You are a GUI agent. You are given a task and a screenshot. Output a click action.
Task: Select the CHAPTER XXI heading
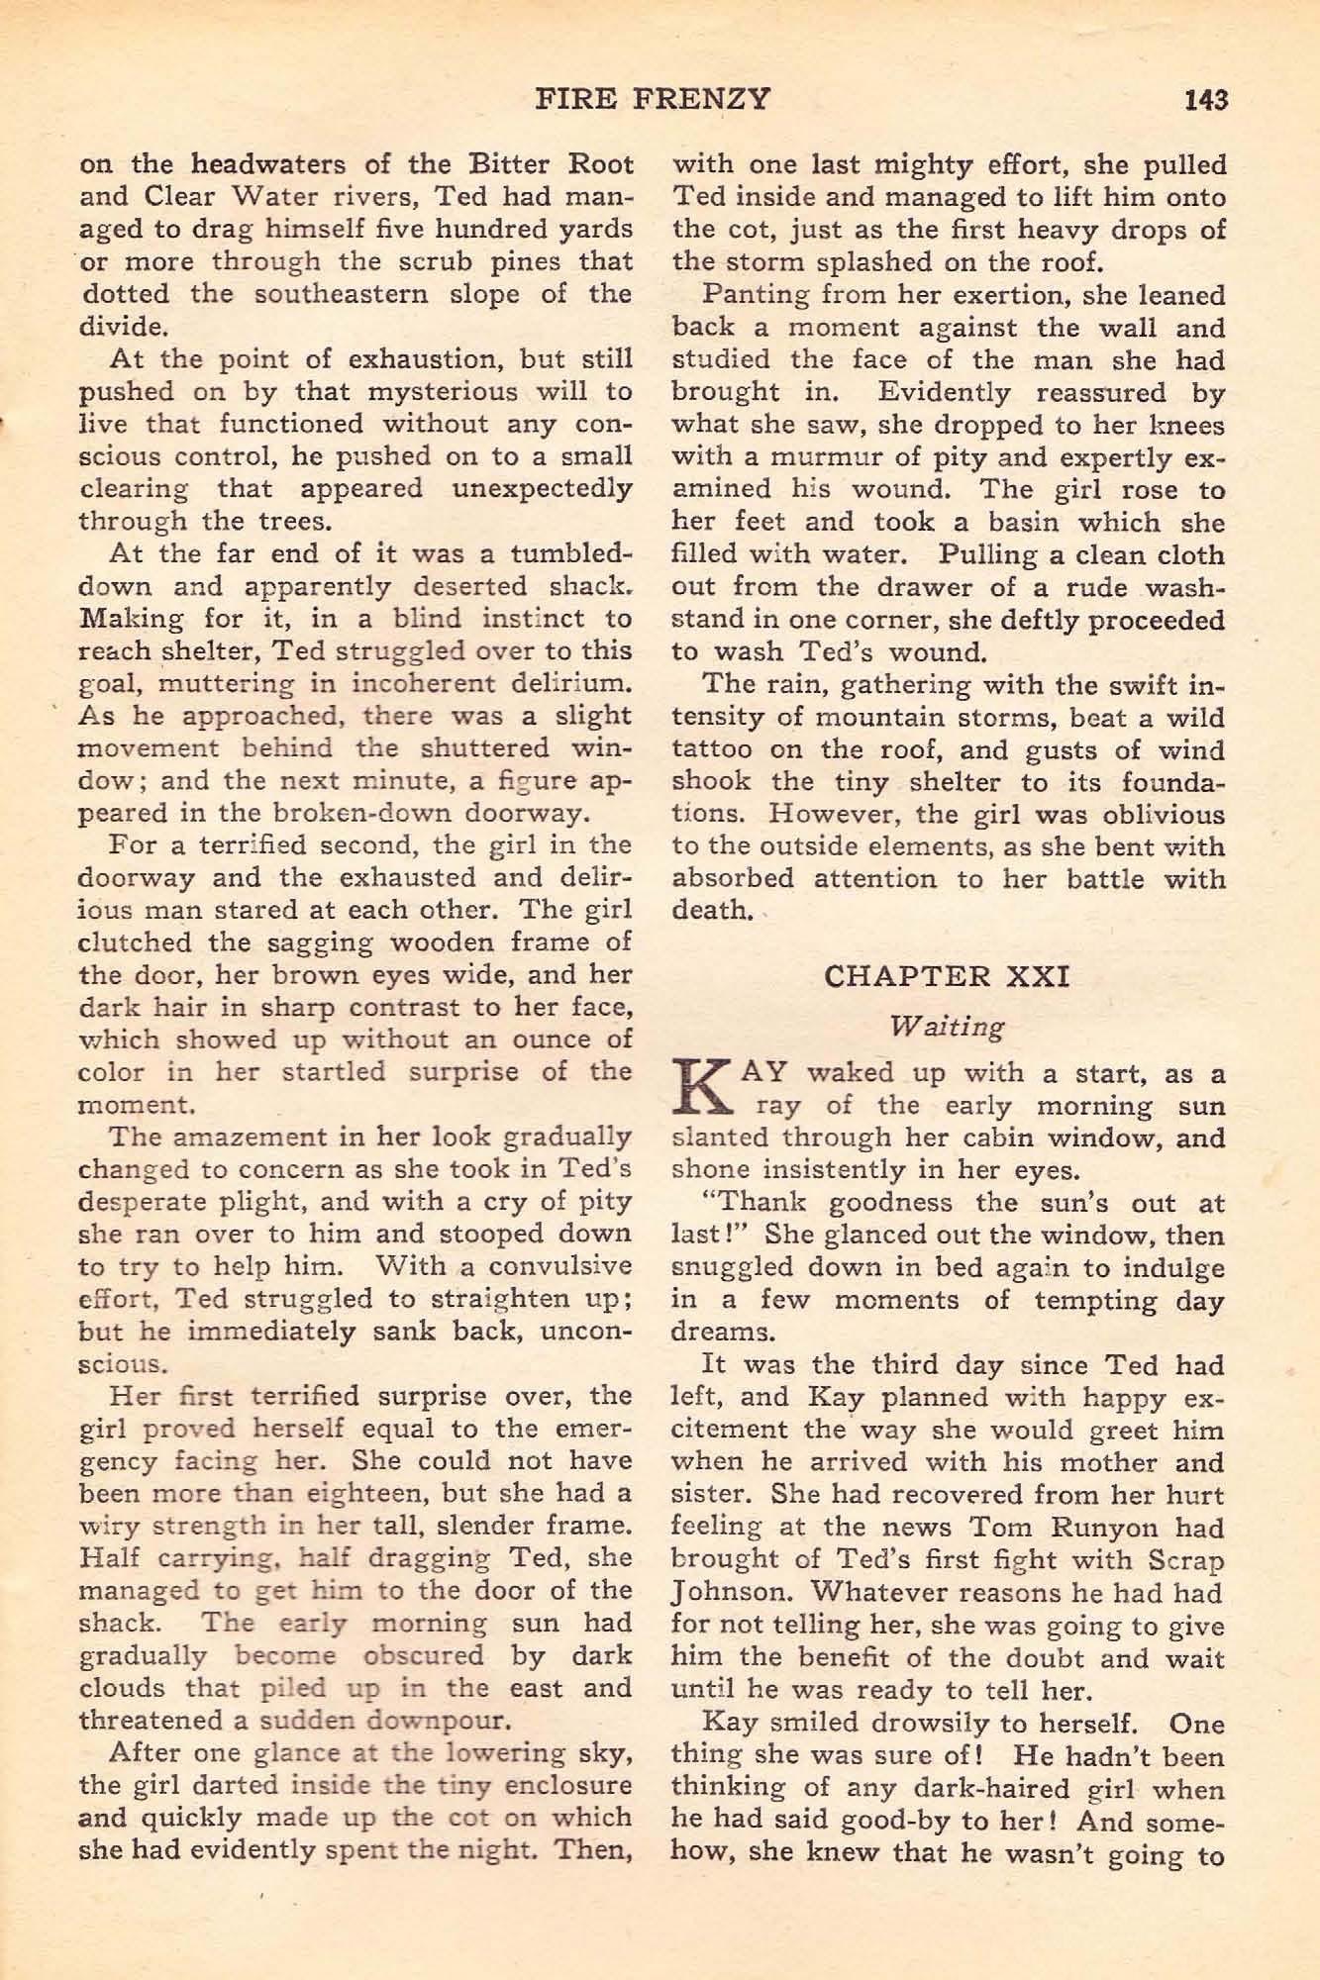tap(947, 976)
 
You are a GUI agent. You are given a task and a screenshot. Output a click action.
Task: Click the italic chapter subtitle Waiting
tap(948, 1027)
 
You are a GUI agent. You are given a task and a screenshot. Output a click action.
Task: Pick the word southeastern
tap(373, 295)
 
